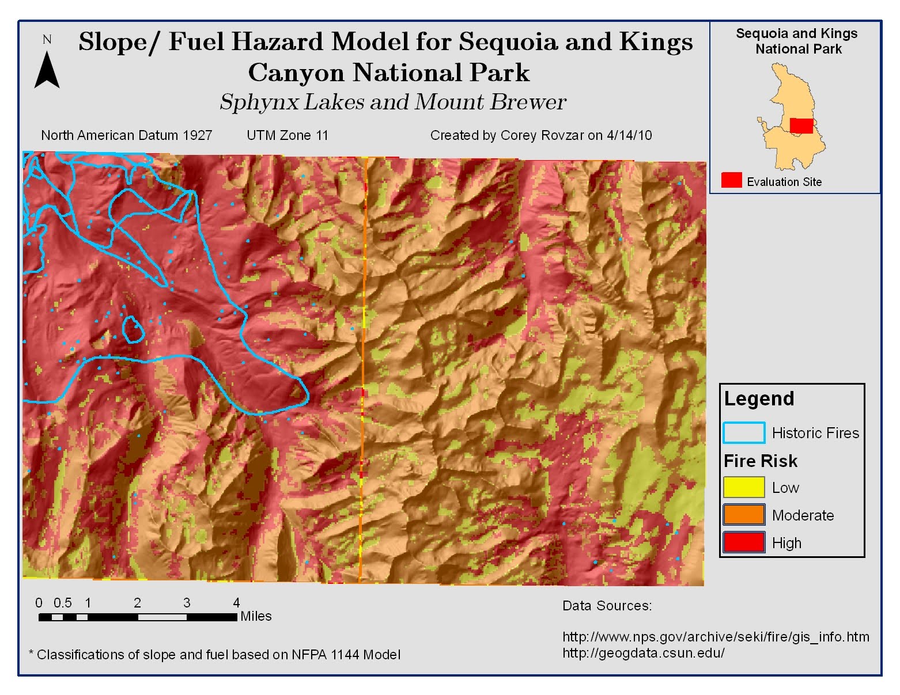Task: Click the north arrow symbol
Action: (x=47, y=70)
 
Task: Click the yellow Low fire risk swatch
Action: (x=743, y=488)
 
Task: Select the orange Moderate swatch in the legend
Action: (x=743, y=515)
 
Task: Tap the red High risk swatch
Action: (x=743, y=542)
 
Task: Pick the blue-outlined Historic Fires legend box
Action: (x=743, y=432)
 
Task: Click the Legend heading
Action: (x=759, y=398)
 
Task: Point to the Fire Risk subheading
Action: (x=761, y=461)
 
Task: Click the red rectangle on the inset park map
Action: (x=801, y=126)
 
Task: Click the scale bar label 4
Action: (x=236, y=603)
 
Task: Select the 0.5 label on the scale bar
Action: (x=63, y=603)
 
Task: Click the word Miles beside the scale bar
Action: (x=256, y=616)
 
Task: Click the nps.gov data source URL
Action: (x=716, y=637)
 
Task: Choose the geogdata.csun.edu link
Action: (x=643, y=653)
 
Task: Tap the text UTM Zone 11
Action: (x=288, y=135)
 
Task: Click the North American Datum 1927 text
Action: (x=127, y=135)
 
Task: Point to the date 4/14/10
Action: (x=629, y=135)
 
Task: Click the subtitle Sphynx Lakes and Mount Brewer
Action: (x=393, y=102)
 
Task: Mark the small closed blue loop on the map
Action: (x=134, y=329)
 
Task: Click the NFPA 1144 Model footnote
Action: (x=214, y=655)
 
